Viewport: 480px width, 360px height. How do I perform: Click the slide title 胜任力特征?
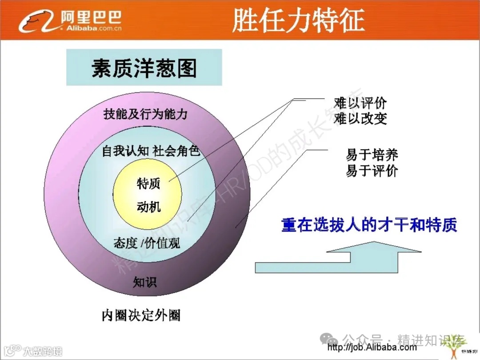pyautogui.click(x=298, y=20)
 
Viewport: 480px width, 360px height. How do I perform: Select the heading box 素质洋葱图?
pyautogui.click(x=144, y=68)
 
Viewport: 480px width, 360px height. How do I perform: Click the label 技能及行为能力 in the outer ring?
pyautogui.click(x=145, y=114)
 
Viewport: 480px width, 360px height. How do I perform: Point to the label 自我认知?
pyautogui.click(x=125, y=151)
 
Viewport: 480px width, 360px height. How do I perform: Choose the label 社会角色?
pyautogui.click(x=176, y=151)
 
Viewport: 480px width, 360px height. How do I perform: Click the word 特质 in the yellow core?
pyautogui.click(x=148, y=184)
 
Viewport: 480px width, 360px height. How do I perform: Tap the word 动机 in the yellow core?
pyautogui.click(x=148, y=207)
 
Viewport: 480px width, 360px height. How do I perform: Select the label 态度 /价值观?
pyautogui.click(x=147, y=243)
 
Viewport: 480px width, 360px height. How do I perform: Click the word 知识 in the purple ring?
pyautogui.click(x=145, y=282)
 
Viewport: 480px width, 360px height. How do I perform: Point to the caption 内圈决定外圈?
pyautogui.click(x=141, y=316)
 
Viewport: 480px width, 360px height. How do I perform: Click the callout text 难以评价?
pyautogui.click(x=360, y=104)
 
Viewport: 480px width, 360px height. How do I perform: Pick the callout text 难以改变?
pyautogui.click(x=360, y=119)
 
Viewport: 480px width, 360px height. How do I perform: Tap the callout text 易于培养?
pyautogui.click(x=372, y=155)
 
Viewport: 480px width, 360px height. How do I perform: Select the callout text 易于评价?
pyautogui.click(x=372, y=171)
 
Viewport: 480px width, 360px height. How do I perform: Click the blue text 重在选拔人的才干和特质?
pyautogui.click(x=369, y=225)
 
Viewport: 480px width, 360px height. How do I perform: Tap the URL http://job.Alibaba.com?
pyautogui.click(x=372, y=347)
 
